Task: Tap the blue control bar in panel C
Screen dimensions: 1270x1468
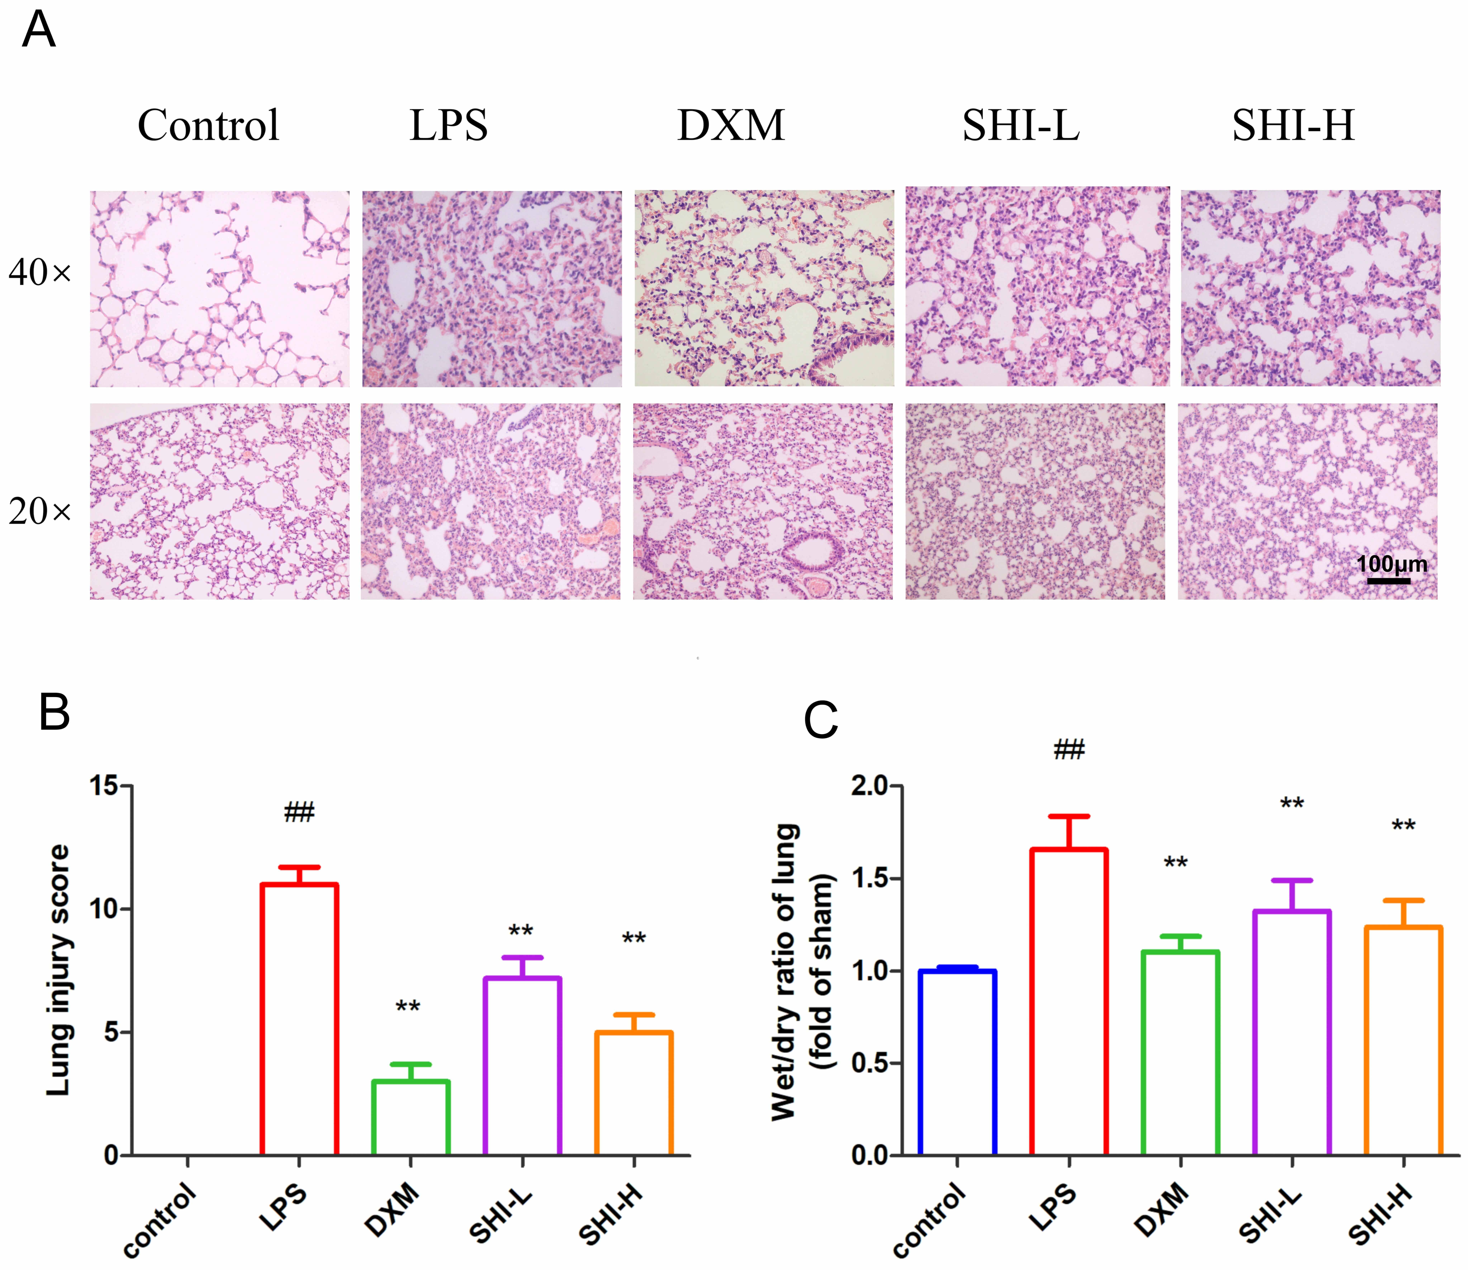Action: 957,1063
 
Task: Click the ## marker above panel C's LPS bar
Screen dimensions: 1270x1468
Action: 1069,749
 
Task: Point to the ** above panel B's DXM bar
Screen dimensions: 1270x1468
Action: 408,1006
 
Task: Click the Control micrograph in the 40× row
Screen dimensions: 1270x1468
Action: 220,288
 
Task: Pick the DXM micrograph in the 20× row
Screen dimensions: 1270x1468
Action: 763,502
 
